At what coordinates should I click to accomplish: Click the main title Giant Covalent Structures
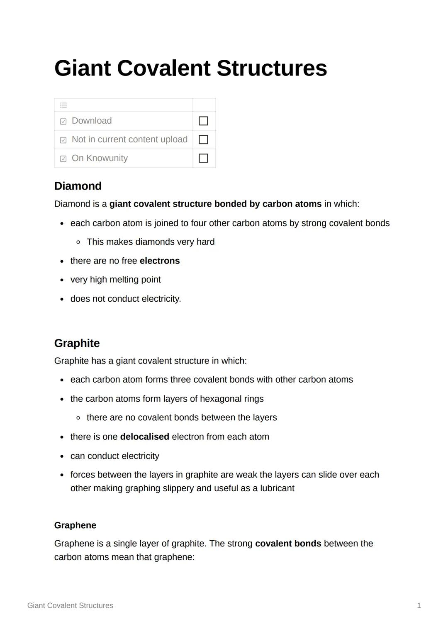pyautogui.click(x=190, y=68)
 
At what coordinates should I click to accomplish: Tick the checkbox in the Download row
pyautogui.click(x=203, y=121)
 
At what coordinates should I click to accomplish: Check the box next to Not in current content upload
pyautogui.click(x=203, y=139)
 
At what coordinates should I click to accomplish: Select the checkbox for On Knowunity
pyautogui.click(x=203, y=158)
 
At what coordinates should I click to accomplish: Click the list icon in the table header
pyautogui.click(x=63, y=105)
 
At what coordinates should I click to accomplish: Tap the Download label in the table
pyautogui.click(x=92, y=121)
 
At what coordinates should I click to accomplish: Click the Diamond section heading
pyautogui.click(x=78, y=186)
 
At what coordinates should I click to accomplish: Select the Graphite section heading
pyautogui.click(x=77, y=343)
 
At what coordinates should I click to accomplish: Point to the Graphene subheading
pyautogui.click(x=75, y=525)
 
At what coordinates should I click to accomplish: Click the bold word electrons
pyautogui.click(x=160, y=261)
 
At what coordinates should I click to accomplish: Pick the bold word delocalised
pyautogui.click(x=144, y=437)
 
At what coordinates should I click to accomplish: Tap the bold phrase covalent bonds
pyautogui.click(x=288, y=544)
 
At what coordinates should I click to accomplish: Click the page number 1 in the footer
pyautogui.click(x=419, y=606)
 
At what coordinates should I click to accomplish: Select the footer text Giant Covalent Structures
pyautogui.click(x=70, y=606)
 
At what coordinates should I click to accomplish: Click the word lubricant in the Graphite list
pyautogui.click(x=277, y=488)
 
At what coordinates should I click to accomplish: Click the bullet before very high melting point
pyautogui.click(x=62, y=280)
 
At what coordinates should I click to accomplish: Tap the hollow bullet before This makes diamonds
pyautogui.click(x=78, y=242)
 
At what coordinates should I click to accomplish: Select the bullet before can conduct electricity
pyautogui.click(x=62, y=456)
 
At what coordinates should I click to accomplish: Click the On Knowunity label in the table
pyautogui.click(x=100, y=158)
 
